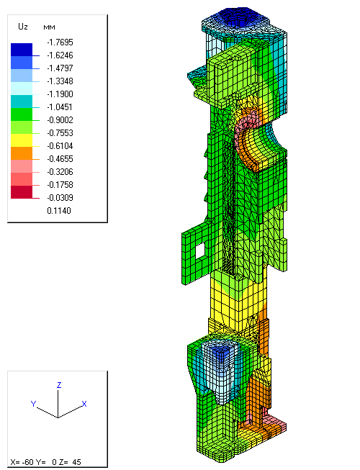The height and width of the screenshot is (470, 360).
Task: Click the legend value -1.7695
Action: point(60,42)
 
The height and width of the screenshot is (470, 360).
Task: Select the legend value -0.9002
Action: point(60,120)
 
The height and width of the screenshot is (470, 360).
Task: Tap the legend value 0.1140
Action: point(59,211)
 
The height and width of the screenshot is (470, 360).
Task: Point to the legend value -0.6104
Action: point(60,146)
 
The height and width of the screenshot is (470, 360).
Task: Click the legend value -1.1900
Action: point(60,94)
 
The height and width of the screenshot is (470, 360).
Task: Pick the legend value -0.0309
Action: point(60,198)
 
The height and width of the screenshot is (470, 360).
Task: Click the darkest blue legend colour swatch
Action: point(22,50)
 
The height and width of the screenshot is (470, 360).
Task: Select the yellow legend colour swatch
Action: point(22,140)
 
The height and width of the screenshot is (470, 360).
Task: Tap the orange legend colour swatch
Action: point(22,153)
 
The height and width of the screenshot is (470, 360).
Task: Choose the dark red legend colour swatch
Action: point(22,192)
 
